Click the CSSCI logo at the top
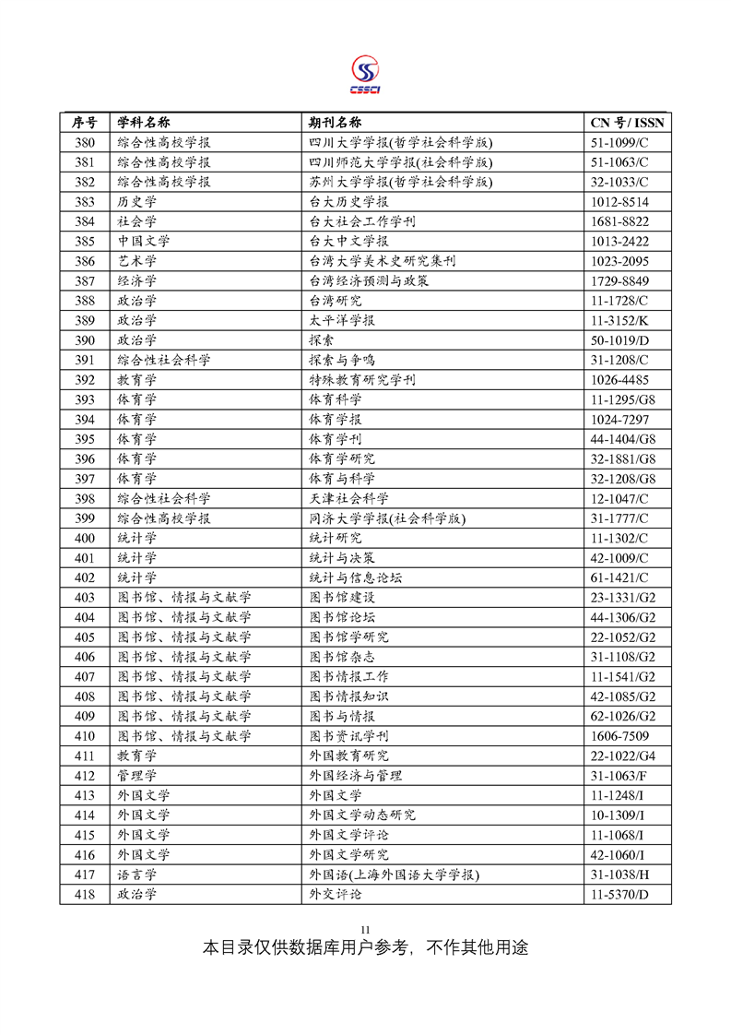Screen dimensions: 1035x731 pyautogui.click(x=365, y=74)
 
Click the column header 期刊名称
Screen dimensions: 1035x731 pyautogui.click(x=335, y=123)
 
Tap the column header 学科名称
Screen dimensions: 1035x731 pyautogui.click(x=143, y=123)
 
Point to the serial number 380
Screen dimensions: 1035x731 pyautogui.click(x=85, y=143)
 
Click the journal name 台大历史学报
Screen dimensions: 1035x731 pyautogui.click(x=348, y=202)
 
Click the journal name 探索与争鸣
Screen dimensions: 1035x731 pyautogui.click(x=342, y=360)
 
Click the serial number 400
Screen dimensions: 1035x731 pyautogui.click(x=85, y=538)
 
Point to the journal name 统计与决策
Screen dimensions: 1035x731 pyautogui.click(x=342, y=558)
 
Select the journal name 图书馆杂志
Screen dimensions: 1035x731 pyautogui.click(x=342, y=657)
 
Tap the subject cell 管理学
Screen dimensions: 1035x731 pyautogui.click(x=136, y=775)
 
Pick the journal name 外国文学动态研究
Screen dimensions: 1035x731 pyautogui.click(x=362, y=815)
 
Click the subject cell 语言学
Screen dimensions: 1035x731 pyautogui.click(x=136, y=874)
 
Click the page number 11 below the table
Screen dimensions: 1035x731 pyautogui.click(x=365, y=928)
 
